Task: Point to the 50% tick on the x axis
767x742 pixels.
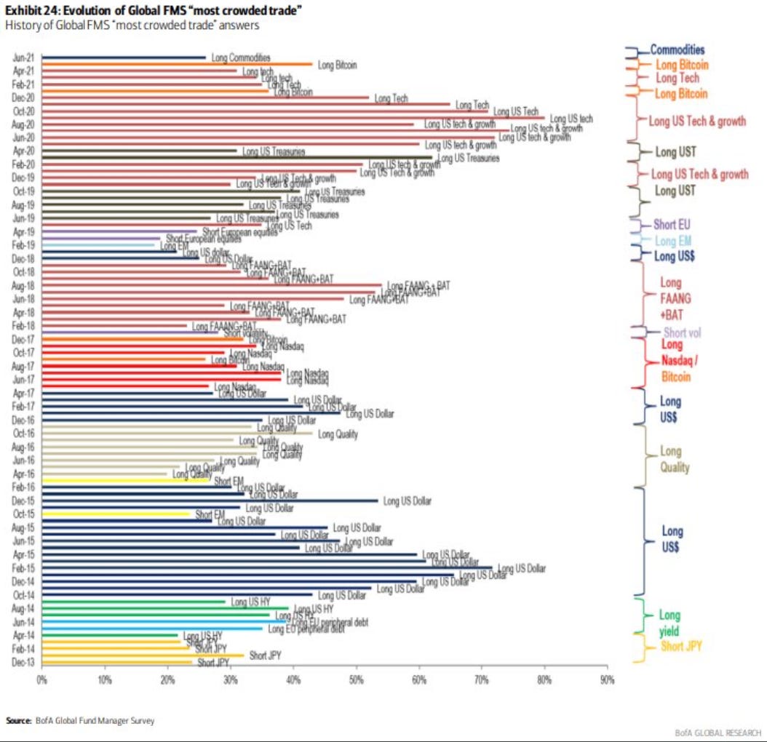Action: pos(356,679)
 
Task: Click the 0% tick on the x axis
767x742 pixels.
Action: pos(42,679)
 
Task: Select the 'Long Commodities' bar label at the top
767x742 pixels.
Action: pos(241,57)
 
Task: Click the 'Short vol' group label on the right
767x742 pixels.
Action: pos(682,332)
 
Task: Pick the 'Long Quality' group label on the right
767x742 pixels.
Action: pos(675,460)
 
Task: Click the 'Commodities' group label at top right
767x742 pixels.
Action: pos(677,50)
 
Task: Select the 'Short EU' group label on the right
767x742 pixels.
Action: pos(672,225)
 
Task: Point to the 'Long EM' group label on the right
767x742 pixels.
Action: pos(672,241)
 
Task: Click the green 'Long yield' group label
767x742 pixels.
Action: pos(669,623)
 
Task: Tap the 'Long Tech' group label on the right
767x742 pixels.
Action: pos(677,79)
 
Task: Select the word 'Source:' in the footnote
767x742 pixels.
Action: pos(18,720)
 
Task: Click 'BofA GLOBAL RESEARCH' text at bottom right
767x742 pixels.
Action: pos(718,732)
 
